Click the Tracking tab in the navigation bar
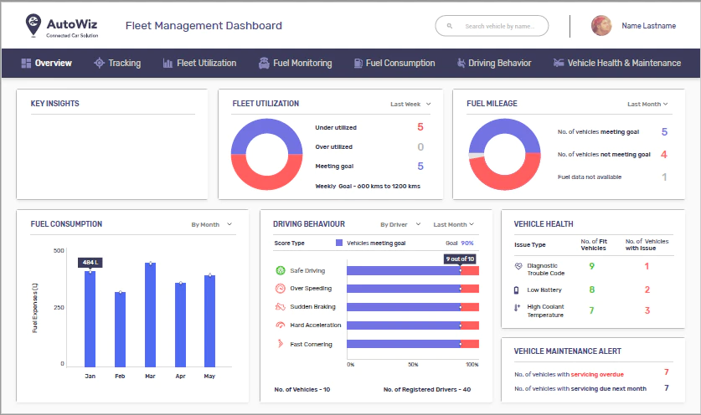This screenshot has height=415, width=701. click(117, 63)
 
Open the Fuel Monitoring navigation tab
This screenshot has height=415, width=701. click(295, 63)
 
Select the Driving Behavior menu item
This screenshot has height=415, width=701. click(494, 63)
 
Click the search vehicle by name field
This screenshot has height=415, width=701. click(492, 26)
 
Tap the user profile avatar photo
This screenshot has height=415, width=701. click(601, 26)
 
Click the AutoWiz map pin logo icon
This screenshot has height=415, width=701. click(34, 24)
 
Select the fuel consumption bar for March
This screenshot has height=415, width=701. click(150, 315)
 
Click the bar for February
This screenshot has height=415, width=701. click(121, 330)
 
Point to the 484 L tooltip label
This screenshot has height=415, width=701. click(90, 262)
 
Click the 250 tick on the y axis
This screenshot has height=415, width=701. click(59, 307)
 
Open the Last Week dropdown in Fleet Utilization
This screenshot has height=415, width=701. click(410, 104)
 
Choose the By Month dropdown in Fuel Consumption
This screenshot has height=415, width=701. click(211, 224)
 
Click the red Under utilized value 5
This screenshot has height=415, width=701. click(420, 127)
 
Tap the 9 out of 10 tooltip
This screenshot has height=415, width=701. click(460, 259)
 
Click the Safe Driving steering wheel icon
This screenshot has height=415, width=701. click(281, 270)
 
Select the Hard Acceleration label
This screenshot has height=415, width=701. click(315, 325)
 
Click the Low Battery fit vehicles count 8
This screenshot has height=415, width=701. click(592, 289)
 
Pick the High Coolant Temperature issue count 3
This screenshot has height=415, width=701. click(647, 310)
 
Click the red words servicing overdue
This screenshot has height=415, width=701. click(597, 374)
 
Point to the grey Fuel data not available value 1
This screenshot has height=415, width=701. click(664, 177)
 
